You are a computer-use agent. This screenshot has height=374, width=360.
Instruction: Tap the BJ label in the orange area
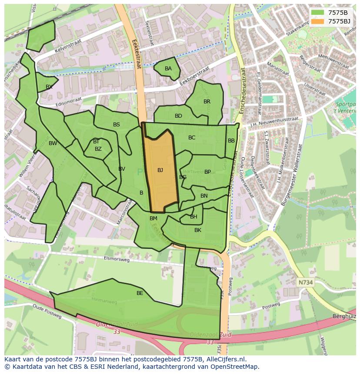point(160,170)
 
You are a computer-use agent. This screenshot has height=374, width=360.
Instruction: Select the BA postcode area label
point(168,69)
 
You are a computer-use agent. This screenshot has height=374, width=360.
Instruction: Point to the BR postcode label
point(207,102)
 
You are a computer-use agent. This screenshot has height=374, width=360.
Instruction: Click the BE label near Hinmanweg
point(140,293)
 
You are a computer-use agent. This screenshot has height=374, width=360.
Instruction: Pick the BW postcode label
point(53,143)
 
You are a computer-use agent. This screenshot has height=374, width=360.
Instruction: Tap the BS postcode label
point(117,125)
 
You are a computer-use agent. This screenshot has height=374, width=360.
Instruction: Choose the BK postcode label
point(198,230)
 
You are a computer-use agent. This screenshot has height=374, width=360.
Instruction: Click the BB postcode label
point(231,141)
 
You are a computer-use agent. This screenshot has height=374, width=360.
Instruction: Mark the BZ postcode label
point(98,149)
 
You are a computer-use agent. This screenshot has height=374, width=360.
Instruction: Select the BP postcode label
point(207,172)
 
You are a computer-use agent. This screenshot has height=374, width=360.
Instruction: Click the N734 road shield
point(306,282)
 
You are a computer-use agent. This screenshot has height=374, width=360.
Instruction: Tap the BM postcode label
point(153,218)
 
